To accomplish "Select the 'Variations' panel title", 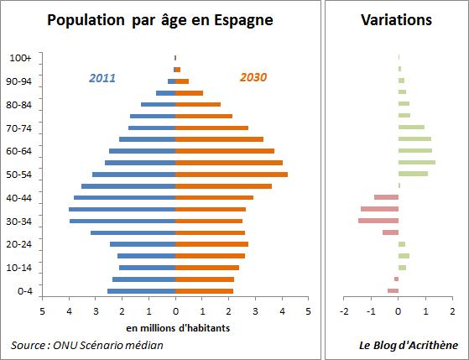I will click(x=396, y=19).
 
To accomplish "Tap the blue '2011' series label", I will click(x=102, y=78).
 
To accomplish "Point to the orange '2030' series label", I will click(x=253, y=78).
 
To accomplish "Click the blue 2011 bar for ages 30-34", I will click(x=122, y=221).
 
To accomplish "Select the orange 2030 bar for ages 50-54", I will click(x=232, y=175).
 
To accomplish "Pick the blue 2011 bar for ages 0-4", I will click(x=142, y=290).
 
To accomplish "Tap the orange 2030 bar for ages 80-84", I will click(x=198, y=105).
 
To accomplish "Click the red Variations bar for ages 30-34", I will click(x=378, y=221).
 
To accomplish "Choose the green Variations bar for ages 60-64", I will click(x=415, y=151).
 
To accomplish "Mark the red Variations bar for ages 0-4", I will click(x=393, y=290).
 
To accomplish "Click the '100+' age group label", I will click(x=21, y=58).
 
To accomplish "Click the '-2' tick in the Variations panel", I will click(x=344, y=310).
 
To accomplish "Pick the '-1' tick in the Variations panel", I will click(x=371, y=310).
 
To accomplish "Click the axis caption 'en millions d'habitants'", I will click(x=175, y=327).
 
